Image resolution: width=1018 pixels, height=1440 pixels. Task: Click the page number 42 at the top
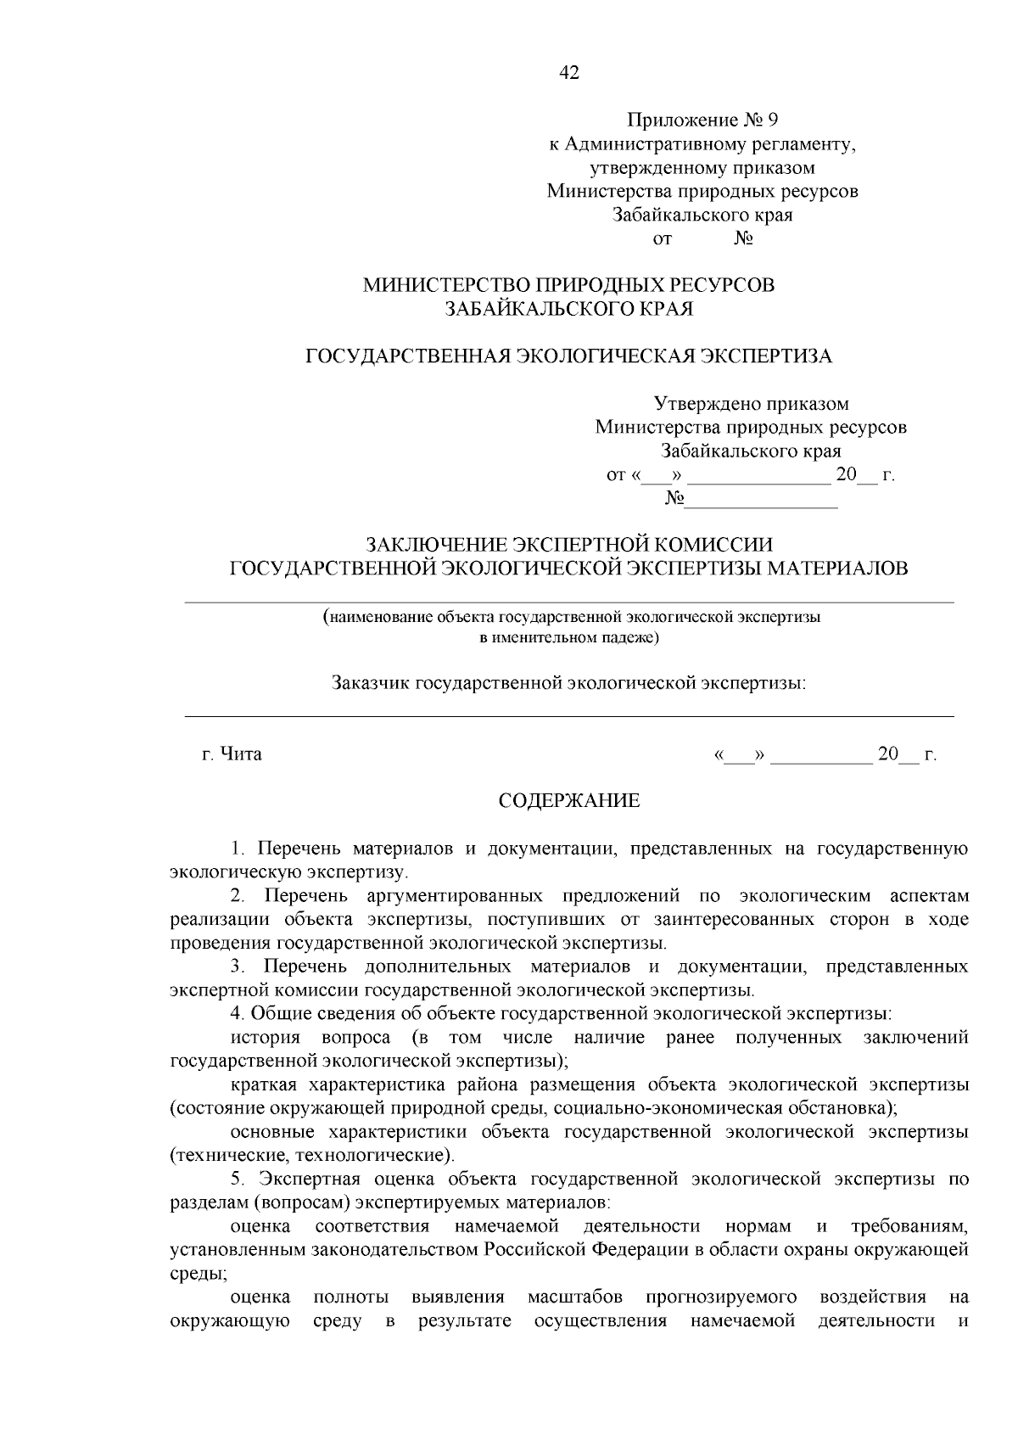point(569,73)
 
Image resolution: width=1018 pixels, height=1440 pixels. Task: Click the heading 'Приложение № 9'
point(702,120)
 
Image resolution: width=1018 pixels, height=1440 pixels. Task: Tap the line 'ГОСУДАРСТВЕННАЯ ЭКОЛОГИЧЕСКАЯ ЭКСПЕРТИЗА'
point(568,356)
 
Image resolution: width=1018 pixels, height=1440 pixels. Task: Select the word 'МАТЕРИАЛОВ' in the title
point(837,568)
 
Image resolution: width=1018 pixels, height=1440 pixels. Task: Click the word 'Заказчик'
point(370,682)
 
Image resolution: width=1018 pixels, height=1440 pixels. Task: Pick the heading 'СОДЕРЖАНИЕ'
point(568,801)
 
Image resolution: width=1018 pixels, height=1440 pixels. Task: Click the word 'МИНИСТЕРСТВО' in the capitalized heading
point(437,286)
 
